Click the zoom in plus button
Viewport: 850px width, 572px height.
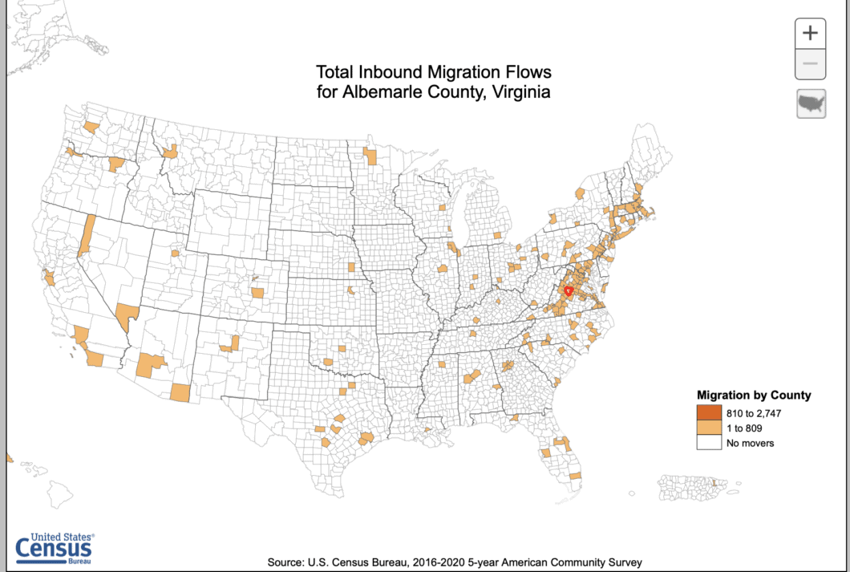point(811,33)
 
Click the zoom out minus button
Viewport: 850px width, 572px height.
point(811,63)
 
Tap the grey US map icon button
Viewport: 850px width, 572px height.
point(811,104)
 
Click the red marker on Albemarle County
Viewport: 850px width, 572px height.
point(568,291)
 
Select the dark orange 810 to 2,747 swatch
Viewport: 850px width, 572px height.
point(708,413)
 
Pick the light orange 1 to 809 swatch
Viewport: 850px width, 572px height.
point(708,428)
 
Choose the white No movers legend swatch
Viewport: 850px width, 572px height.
point(708,443)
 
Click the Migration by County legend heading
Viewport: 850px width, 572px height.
point(754,396)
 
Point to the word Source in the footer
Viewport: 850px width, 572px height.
point(285,562)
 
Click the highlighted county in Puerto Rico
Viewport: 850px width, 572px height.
point(716,482)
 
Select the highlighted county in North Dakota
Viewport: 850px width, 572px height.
point(370,156)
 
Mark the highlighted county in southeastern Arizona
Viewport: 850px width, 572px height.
point(181,392)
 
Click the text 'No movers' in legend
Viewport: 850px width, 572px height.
point(750,443)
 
